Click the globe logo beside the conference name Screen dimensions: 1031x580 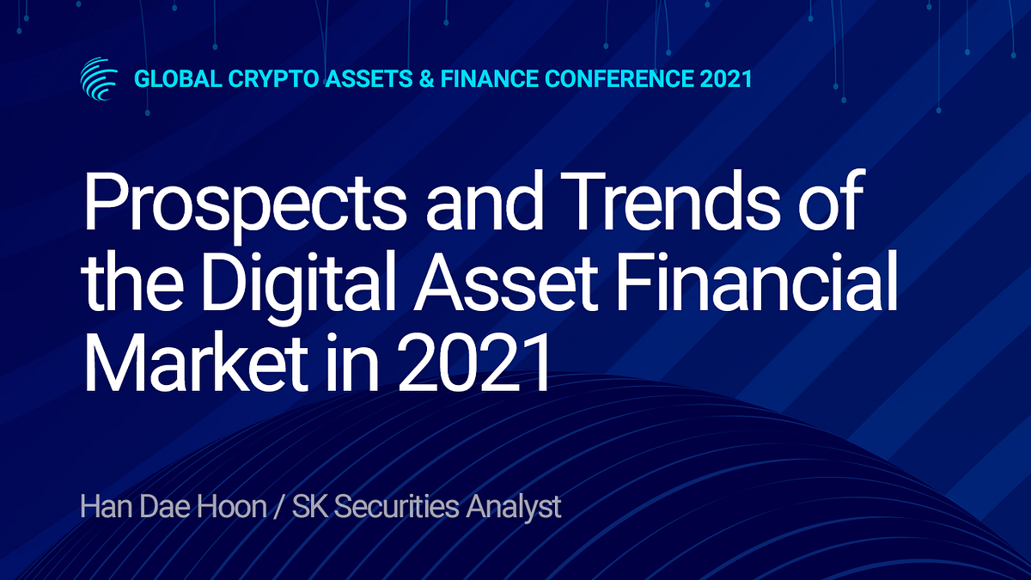click(x=99, y=79)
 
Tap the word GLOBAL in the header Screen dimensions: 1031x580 click(x=178, y=79)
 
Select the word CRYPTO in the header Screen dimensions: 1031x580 click(x=273, y=79)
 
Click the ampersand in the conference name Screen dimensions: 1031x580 click(x=427, y=79)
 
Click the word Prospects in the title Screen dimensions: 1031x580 click(x=244, y=204)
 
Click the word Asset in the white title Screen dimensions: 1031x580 click(x=505, y=282)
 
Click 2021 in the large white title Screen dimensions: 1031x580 click(x=473, y=363)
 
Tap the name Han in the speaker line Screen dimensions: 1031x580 click(x=107, y=506)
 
